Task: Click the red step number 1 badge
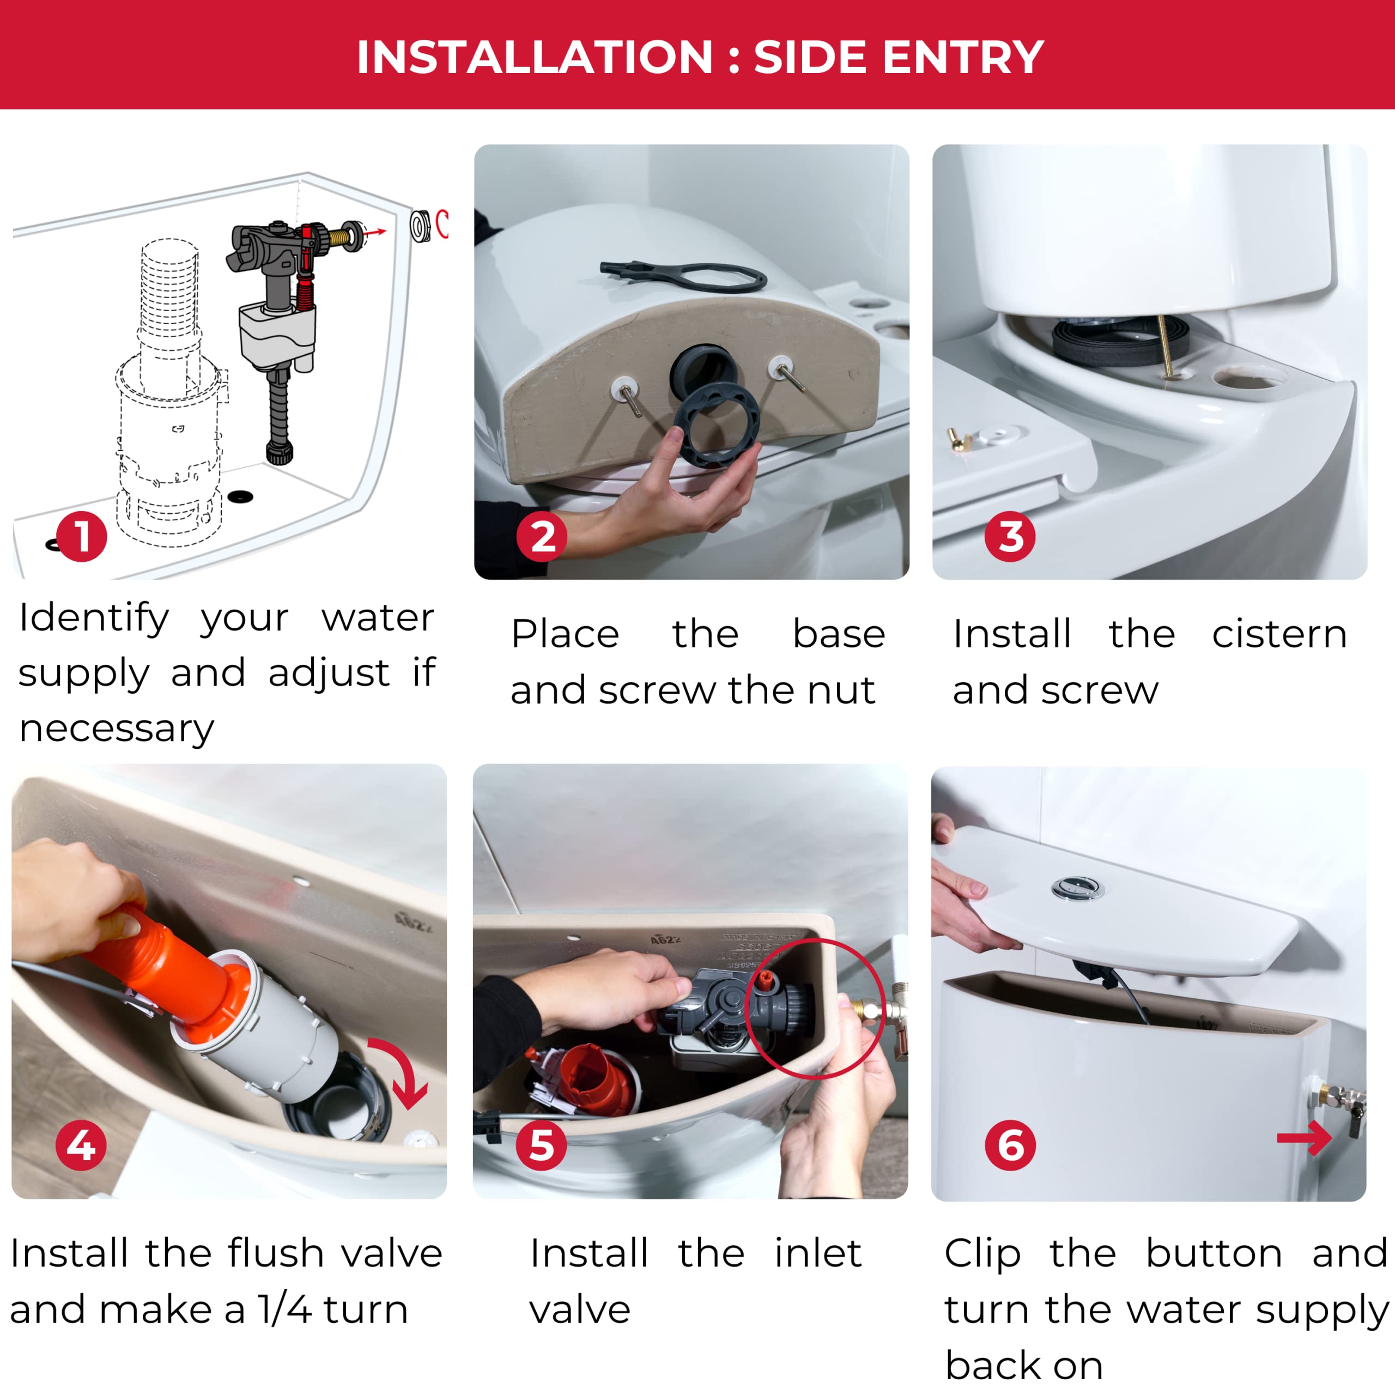coord(82,537)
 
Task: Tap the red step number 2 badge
coord(542,537)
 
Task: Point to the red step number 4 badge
coord(81,1145)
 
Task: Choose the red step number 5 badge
coord(542,1145)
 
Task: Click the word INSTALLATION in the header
coord(535,57)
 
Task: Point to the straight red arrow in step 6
coord(1304,1139)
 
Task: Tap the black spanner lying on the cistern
coord(683,276)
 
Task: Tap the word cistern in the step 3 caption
coord(1279,635)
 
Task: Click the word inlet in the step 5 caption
coord(818,1253)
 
